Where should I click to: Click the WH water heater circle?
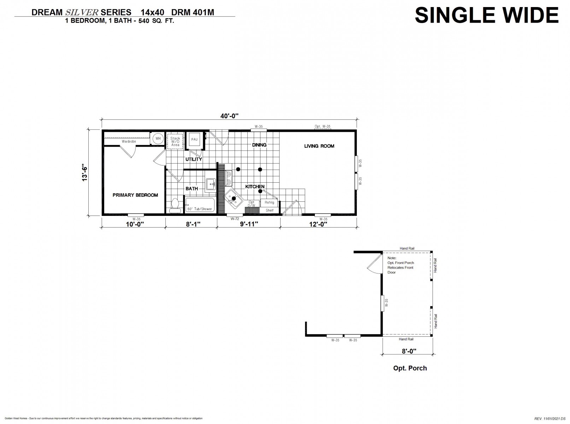[x=158, y=139]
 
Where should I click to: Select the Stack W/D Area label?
[x=175, y=142]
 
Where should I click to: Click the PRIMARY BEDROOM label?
[x=135, y=195]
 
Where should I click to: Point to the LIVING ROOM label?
[x=319, y=146]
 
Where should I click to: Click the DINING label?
[x=259, y=145]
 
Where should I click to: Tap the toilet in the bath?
[x=175, y=206]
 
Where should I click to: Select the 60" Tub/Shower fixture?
[x=200, y=205]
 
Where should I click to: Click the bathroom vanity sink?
[x=211, y=184]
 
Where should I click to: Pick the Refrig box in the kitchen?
[x=269, y=203]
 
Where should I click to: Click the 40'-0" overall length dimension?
[x=229, y=116]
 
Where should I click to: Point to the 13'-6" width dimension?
[x=84, y=172]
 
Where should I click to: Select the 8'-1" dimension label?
[x=193, y=224]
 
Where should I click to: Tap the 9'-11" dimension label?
[x=249, y=224]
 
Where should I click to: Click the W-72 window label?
[x=235, y=219]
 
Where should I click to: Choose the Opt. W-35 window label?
[x=323, y=126]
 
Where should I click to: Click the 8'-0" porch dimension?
[x=409, y=351]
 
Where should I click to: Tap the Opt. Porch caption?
[x=410, y=368]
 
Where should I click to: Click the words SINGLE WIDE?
[x=487, y=16]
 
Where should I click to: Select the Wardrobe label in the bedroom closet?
[x=129, y=142]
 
